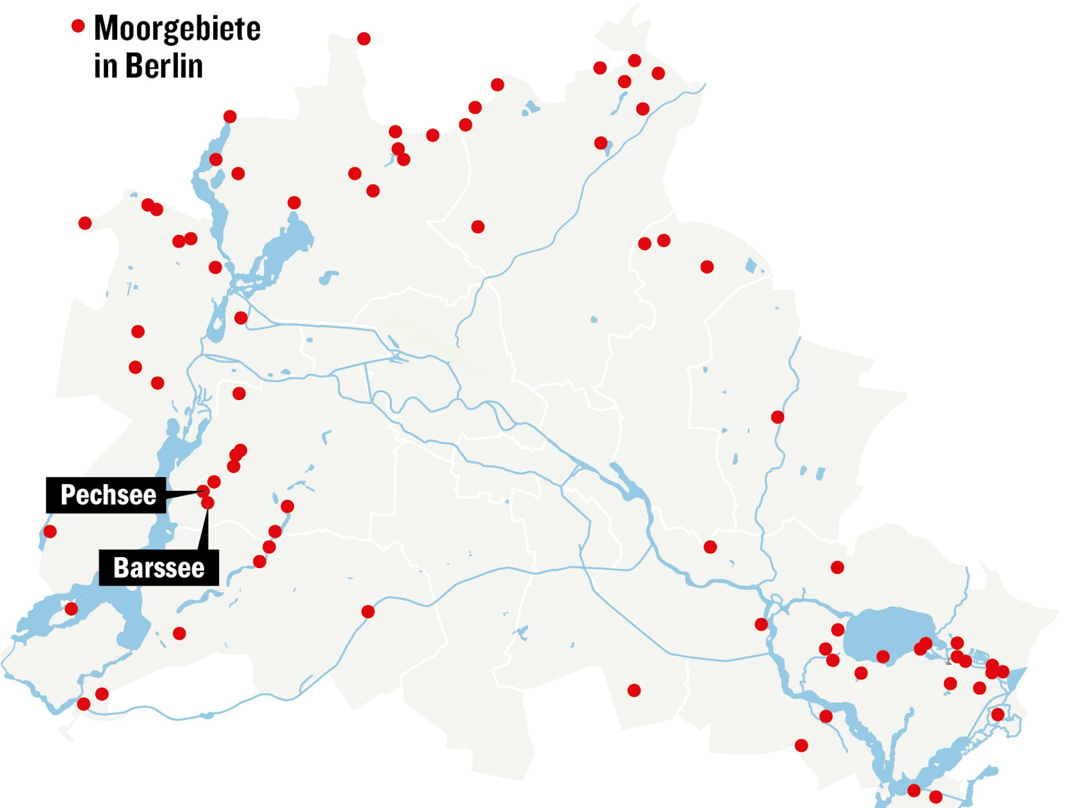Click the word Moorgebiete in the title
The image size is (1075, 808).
[x=177, y=29]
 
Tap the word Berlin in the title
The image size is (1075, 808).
[x=164, y=66]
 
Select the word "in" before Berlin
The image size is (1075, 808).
[x=106, y=66]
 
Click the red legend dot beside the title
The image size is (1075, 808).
[x=78, y=26]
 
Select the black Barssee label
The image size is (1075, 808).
[x=158, y=568]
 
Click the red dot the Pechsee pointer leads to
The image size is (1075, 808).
[x=203, y=491]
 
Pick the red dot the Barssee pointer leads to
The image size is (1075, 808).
[x=208, y=502]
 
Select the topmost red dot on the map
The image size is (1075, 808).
[x=364, y=38]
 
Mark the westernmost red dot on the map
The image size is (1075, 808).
[x=50, y=531]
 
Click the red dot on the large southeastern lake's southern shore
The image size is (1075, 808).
[x=883, y=657]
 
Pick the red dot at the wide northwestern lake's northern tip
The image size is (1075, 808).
[x=294, y=203]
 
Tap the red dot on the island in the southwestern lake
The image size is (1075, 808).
[x=71, y=609]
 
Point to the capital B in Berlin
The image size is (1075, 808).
[x=135, y=66]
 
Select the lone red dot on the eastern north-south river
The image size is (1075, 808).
[x=778, y=417]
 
